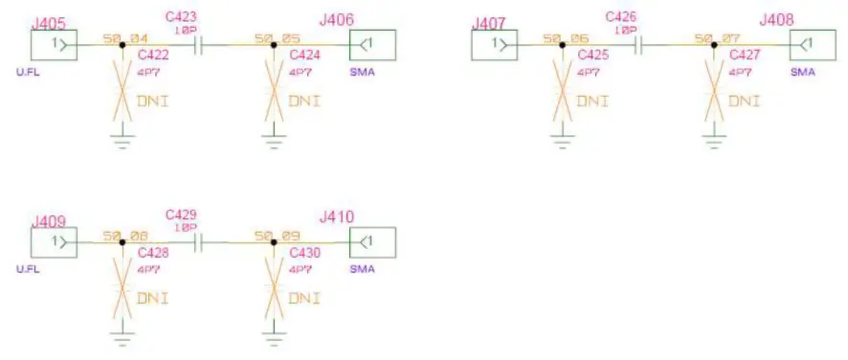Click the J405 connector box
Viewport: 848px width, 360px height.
[54, 45]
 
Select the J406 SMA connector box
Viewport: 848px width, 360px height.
[372, 45]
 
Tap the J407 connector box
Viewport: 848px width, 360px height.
[494, 45]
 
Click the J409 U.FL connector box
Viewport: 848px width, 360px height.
[54, 243]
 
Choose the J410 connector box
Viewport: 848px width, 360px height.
[372, 243]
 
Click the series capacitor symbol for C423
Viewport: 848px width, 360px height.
[199, 45]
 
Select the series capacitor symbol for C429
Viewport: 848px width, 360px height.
[199, 243]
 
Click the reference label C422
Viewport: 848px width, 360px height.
[153, 56]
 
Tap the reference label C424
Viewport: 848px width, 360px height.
[305, 56]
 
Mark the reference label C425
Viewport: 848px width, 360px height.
[593, 56]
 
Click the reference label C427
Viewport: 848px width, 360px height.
[745, 56]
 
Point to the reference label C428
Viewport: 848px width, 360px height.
[153, 254]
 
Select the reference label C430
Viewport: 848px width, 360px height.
[305, 254]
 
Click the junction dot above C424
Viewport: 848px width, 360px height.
[274, 45]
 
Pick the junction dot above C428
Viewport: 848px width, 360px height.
[122, 243]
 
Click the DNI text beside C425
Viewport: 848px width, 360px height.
[592, 101]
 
